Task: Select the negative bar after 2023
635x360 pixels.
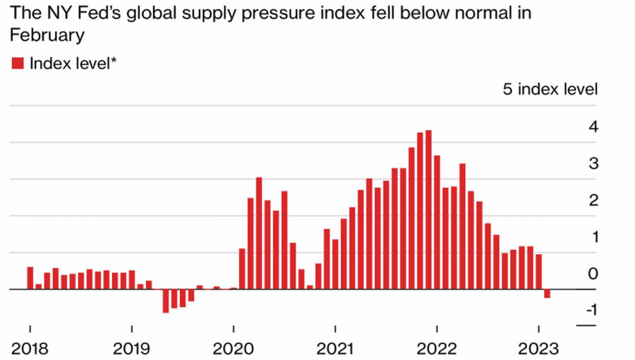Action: click(x=547, y=294)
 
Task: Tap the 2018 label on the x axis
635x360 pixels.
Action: click(x=30, y=349)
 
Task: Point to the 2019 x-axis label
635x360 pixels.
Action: click(x=131, y=349)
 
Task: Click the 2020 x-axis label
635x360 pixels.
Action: click(x=233, y=349)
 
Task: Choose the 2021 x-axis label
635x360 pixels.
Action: click(x=335, y=349)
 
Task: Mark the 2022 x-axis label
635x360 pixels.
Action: click(x=437, y=349)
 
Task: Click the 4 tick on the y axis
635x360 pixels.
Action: click(x=593, y=127)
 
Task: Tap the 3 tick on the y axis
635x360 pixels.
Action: click(x=593, y=164)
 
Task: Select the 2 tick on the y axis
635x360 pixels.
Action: click(x=593, y=200)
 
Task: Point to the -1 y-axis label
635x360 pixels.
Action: click(x=591, y=310)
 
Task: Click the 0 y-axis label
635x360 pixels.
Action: click(x=593, y=274)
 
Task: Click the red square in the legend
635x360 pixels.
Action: click(x=18, y=64)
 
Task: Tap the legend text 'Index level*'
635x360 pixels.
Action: click(x=73, y=64)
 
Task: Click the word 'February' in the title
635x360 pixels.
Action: click(x=47, y=35)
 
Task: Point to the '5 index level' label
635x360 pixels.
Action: click(x=550, y=90)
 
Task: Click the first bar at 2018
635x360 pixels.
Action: click(x=30, y=278)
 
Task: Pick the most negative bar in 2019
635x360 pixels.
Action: click(x=166, y=301)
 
